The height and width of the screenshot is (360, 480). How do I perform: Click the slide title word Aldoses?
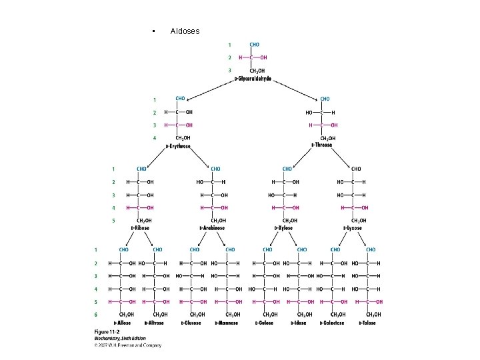185,31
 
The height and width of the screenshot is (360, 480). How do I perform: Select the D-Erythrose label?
178,146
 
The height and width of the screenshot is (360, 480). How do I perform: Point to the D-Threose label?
321,145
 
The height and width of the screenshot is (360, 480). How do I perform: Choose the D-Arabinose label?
212,228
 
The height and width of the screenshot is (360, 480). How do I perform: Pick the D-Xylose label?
285,228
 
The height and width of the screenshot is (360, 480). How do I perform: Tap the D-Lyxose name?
353,228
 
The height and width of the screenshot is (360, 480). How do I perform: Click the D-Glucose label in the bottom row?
192,323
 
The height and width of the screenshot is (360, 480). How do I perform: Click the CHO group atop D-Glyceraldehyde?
255,45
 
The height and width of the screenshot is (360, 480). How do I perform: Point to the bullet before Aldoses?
153,32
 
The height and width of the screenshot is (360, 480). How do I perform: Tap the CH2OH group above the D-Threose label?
325,138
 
